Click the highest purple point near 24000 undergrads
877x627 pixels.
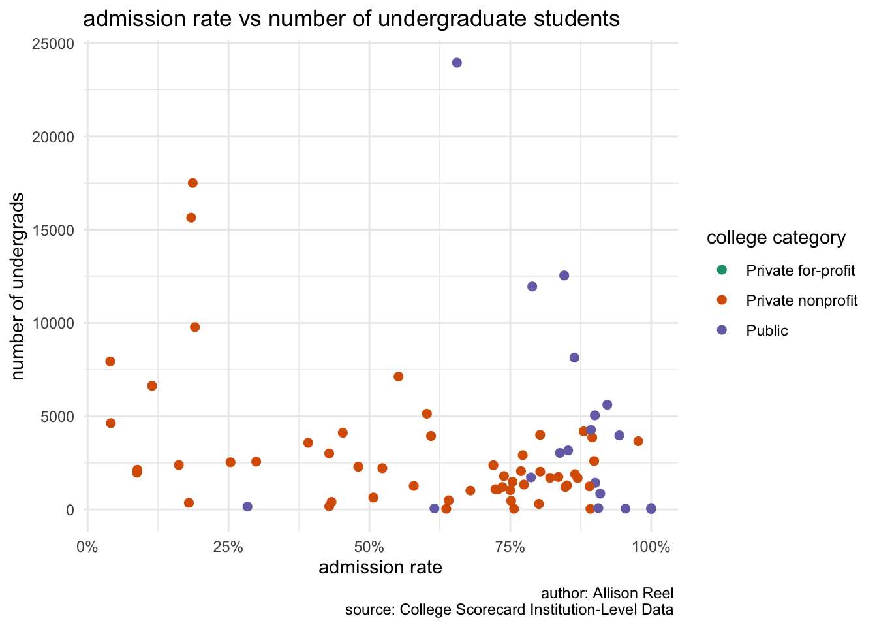click(x=457, y=63)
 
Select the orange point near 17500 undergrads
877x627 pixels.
click(x=192, y=183)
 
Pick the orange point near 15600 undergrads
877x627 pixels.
click(x=191, y=217)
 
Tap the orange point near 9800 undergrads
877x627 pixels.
click(x=194, y=327)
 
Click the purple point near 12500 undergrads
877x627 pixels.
click(x=564, y=276)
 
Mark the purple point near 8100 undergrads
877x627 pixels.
click(x=574, y=357)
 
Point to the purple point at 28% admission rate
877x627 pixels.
click(x=247, y=506)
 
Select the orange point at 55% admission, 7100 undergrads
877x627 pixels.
click(x=399, y=376)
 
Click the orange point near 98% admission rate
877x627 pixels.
click(x=638, y=441)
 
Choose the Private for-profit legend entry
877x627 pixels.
click(x=800, y=270)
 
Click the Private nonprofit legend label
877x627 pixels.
click(x=802, y=300)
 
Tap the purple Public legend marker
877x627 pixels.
click(x=722, y=330)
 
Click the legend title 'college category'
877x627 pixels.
click(x=776, y=238)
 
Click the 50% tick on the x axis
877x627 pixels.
click(x=369, y=547)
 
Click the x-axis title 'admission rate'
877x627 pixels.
click(x=380, y=568)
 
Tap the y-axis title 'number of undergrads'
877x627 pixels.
click(x=18, y=286)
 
